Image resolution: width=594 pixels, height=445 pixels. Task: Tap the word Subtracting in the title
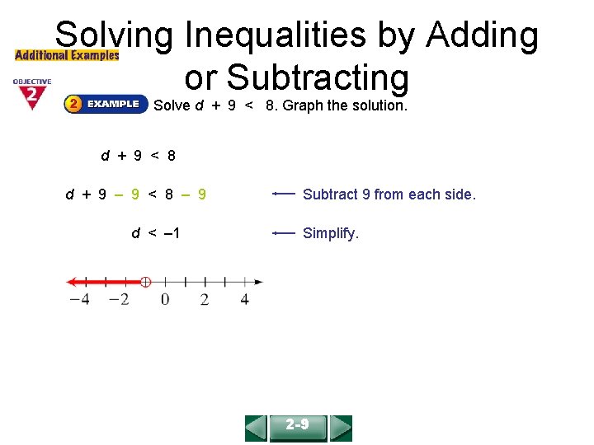tap(318, 78)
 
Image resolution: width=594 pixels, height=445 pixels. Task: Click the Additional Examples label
tap(67, 55)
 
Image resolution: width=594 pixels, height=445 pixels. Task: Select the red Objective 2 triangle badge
tap(31, 95)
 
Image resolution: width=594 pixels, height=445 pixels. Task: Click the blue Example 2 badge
tap(106, 105)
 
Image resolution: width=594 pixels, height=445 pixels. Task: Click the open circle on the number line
tap(145, 282)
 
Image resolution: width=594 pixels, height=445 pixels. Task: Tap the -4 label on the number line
tap(79, 299)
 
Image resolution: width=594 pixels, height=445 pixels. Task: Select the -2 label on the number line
tap(119, 299)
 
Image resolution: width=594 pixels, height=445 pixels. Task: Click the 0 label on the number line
tap(165, 299)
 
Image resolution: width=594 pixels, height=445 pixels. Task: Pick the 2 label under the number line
tap(205, 299)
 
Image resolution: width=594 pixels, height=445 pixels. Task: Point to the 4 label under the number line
tap(244, 299)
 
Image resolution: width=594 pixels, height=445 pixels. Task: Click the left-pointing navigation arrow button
tap(257, 428)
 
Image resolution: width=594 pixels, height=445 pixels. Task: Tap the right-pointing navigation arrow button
tap(341, 428)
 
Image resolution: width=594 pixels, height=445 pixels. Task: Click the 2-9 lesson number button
tap(298, 427)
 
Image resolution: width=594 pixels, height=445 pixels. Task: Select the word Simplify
tap(331, 233)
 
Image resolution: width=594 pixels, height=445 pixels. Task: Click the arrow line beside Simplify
tap(284, 233)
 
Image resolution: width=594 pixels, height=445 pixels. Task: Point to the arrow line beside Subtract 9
tap(284, 194)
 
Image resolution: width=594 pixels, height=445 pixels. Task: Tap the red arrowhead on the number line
tap(72, 282)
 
